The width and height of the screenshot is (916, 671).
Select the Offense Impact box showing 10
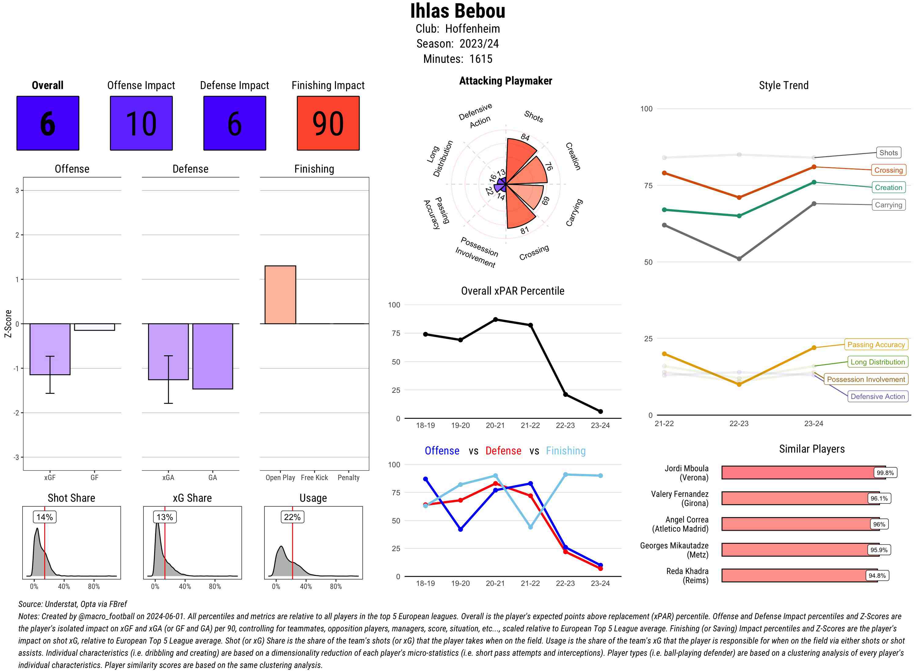point(141,123)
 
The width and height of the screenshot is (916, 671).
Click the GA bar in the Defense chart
point(213,356)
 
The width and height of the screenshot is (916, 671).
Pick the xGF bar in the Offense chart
point(50,349)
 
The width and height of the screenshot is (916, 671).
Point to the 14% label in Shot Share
point(45,517)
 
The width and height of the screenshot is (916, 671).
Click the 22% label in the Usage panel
point(292,517)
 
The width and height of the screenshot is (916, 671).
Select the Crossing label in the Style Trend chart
point(888,170)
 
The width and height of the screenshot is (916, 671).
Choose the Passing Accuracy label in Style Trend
point(876,344)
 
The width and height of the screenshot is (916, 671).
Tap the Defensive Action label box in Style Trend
point(878,396)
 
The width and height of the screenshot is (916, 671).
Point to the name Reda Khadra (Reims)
point(687,576)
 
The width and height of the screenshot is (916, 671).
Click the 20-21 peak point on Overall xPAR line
point(495,320)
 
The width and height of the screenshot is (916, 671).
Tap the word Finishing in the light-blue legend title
point(565,451)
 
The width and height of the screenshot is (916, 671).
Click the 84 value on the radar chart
point(525,137)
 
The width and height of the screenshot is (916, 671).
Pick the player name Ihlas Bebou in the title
point(457,11)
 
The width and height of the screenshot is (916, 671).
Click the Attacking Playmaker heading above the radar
point(505,81)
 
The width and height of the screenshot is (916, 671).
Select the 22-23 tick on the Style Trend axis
point(739,424)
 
